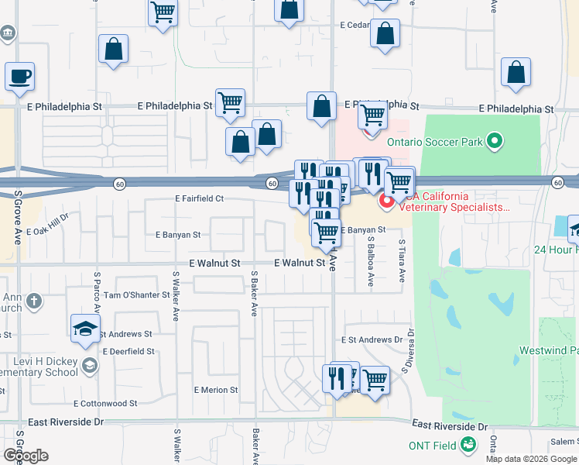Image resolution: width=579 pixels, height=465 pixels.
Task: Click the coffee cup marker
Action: tap(19, 77)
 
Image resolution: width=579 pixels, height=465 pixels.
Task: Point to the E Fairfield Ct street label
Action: tap(199, 198)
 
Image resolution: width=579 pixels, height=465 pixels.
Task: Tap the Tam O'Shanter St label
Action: tap(136, 295)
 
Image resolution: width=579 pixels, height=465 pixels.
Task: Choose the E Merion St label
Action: tap(215, 390)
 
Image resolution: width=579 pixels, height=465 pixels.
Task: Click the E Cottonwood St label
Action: tap(105, 404)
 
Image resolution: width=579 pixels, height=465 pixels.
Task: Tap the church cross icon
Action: tap(33, 300)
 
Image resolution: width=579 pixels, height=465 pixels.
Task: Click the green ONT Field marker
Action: tap(468, 445)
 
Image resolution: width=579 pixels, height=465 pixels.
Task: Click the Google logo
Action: tap(25, 456)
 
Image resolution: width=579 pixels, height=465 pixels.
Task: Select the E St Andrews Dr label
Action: tap(372, 339)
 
